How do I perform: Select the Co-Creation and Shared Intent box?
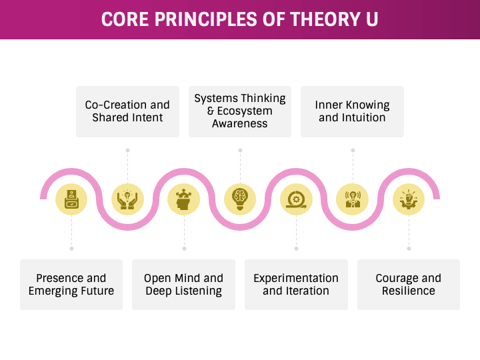click(x=127, y=111)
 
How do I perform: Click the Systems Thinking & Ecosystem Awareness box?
click(x=240, y=111)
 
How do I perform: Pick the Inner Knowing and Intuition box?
click(x=352, y=111)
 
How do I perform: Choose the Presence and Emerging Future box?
click(x=71, y=285)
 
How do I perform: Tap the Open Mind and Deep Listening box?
click(x=183, y=285)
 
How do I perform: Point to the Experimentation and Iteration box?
click(x=296, y=285)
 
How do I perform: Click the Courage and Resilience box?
click(x=408, y=285)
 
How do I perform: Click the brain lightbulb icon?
click(x=240, y=199)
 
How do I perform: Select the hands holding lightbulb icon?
click(x=127, y=199)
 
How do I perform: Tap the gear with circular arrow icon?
click(x=296, y=199)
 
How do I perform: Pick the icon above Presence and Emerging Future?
click(x=71, y=199)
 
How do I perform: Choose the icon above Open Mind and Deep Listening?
click(x=183, y=199)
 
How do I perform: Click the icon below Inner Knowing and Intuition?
click(x=352, y=199)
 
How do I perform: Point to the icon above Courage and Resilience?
click(x=408, y=199)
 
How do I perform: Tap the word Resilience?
click(x=408, y=291)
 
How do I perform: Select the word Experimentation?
click(x=296, y=278)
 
